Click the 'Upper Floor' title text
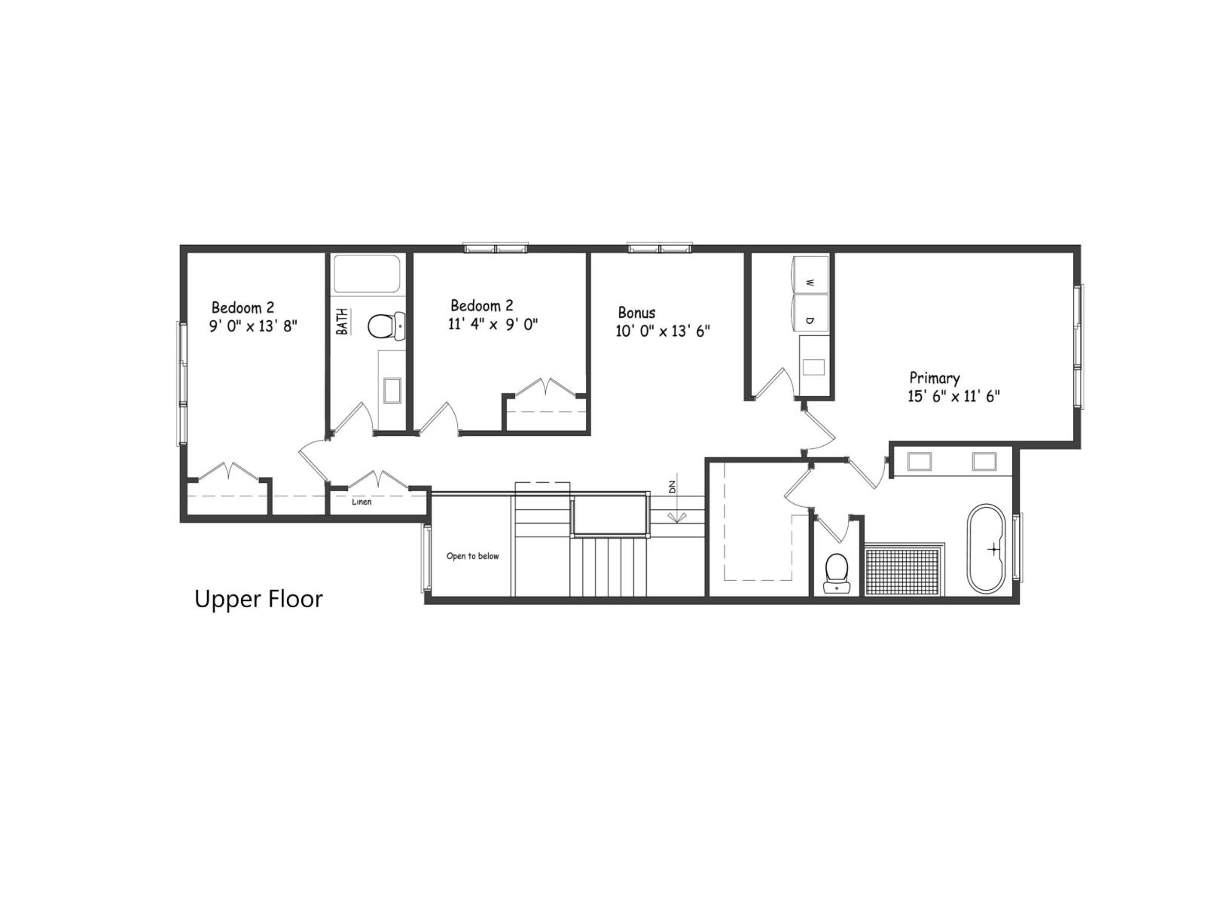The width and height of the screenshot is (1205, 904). click(x=258, y=599)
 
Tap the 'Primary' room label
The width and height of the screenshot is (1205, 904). click(x=934, y=378)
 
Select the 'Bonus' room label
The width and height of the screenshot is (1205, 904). click(x=636, y=313)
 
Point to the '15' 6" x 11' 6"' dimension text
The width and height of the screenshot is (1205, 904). click(x=953, y=397)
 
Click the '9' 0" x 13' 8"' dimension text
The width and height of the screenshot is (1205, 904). click(x=253, y=326)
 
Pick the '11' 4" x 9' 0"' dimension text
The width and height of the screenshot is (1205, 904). click(x=493, y=325)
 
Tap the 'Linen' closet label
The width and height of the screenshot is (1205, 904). click(x=361, y=502)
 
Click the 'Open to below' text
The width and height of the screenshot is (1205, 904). click(x=472, y=557)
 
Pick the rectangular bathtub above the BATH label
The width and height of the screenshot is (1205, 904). click(x=367, y=274)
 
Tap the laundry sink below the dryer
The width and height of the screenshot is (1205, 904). click(x=813, y=368)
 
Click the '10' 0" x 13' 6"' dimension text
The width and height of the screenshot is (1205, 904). click(x=663, y=331)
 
